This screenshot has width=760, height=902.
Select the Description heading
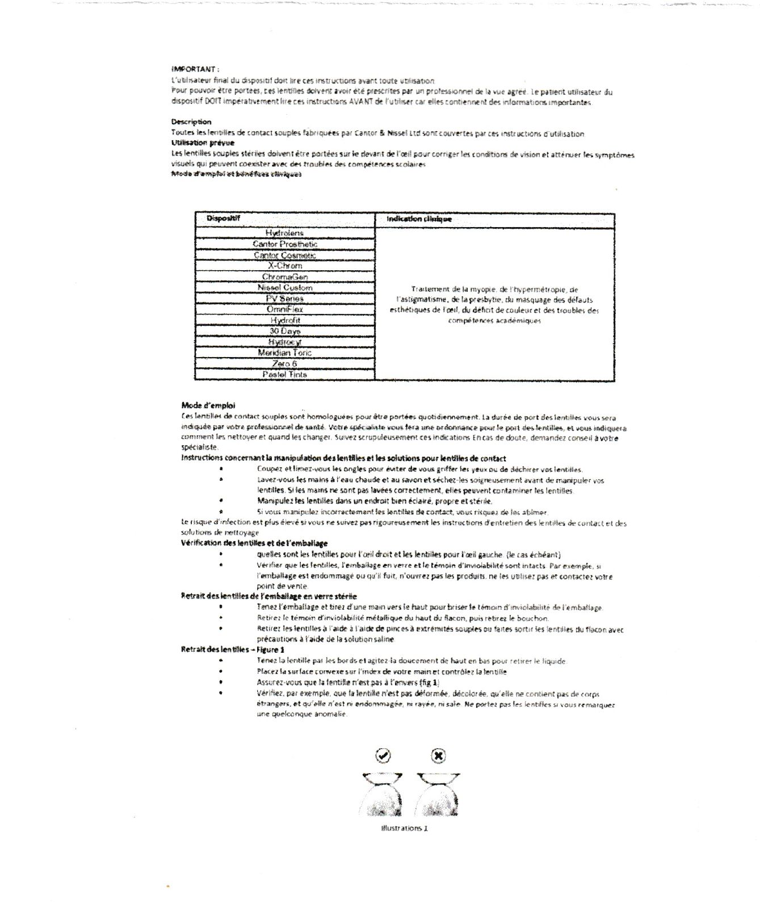click(191, 122)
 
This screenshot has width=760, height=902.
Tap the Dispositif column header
click(223, 219)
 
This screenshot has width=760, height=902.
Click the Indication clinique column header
click(419, 219)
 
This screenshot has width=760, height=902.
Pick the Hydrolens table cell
click(284, 233)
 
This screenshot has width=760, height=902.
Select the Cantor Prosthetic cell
click(285, 244)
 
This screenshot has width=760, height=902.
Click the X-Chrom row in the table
click(285, 266)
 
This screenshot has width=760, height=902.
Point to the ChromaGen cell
click(285, 277)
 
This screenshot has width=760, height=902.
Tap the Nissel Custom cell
click(285, 288)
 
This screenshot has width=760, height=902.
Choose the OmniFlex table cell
click(285, 309)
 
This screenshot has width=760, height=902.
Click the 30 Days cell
click(285, 331)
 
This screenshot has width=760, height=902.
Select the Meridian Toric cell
click(285, 353)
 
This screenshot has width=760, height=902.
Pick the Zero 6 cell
click(285, 364)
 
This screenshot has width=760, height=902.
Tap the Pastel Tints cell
click(285, 375)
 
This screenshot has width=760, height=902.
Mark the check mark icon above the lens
click(384, 756)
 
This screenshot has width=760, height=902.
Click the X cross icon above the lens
click(438, 756)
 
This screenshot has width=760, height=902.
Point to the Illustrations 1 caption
click(405, 828)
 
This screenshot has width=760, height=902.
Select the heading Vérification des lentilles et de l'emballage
click(254, 543)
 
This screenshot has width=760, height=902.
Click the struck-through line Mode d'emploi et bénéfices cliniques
click(236, 174)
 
